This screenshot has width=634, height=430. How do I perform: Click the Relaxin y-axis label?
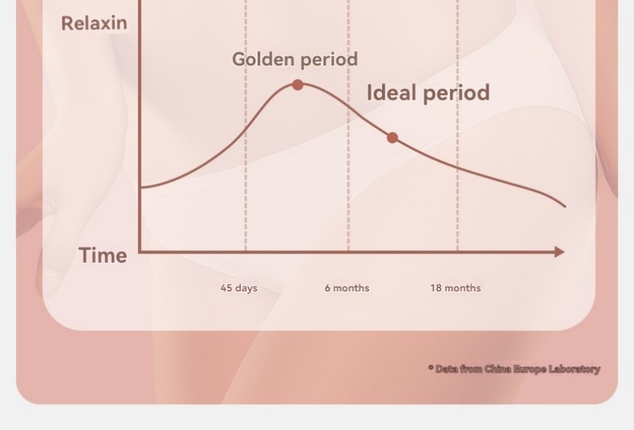94,24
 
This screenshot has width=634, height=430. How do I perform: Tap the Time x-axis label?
103,256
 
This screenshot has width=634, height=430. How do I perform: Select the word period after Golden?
329,60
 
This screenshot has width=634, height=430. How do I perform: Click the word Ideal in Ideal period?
391,92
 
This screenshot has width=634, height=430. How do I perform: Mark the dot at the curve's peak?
298,85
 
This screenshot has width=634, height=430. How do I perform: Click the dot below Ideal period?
392,138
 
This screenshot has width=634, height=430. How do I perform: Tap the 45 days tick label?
239,288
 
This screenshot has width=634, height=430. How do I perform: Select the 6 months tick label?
347,288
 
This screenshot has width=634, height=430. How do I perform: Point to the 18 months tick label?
455,288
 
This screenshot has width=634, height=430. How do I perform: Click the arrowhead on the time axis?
560,252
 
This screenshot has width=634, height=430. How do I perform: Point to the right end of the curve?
565,207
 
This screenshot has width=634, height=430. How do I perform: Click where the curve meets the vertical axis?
140,188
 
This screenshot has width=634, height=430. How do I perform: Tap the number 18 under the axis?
435,288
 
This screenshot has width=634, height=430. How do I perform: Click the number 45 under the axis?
226,288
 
